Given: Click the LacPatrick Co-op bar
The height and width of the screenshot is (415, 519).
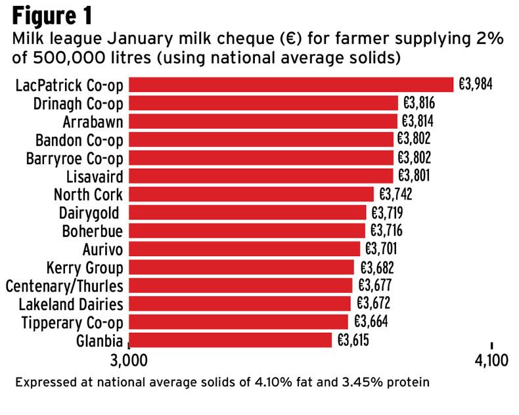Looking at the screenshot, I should point(290,85).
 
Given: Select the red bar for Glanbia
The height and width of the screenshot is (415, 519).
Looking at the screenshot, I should point(230,340).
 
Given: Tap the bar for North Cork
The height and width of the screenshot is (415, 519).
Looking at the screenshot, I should point(251,194).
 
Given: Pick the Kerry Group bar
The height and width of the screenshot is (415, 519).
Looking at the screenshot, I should point(241,267).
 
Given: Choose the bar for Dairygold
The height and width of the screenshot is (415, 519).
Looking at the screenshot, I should point(247,213).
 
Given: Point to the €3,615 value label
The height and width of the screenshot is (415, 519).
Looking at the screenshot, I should point(353,340).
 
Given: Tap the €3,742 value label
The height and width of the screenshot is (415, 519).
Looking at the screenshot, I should point(395,194).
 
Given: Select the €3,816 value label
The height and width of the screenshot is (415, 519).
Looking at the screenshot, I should point(419,104).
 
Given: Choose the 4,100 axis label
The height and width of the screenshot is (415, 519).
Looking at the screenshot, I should point(491,360).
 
